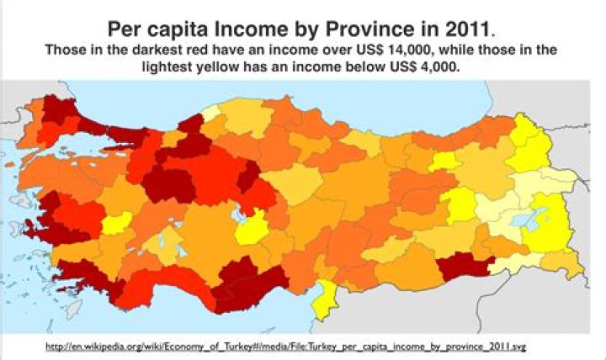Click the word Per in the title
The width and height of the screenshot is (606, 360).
(x=126, y=23)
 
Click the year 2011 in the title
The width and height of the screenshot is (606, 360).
(x=476, y=23)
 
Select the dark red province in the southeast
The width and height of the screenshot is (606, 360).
(x=462, y=267)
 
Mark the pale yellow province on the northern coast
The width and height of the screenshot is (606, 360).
(x=211, y=112)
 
